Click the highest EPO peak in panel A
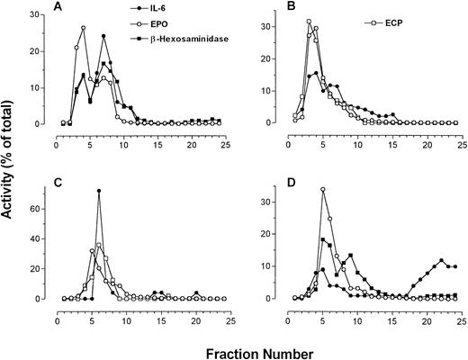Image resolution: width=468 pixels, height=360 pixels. [x=84, y=28]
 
